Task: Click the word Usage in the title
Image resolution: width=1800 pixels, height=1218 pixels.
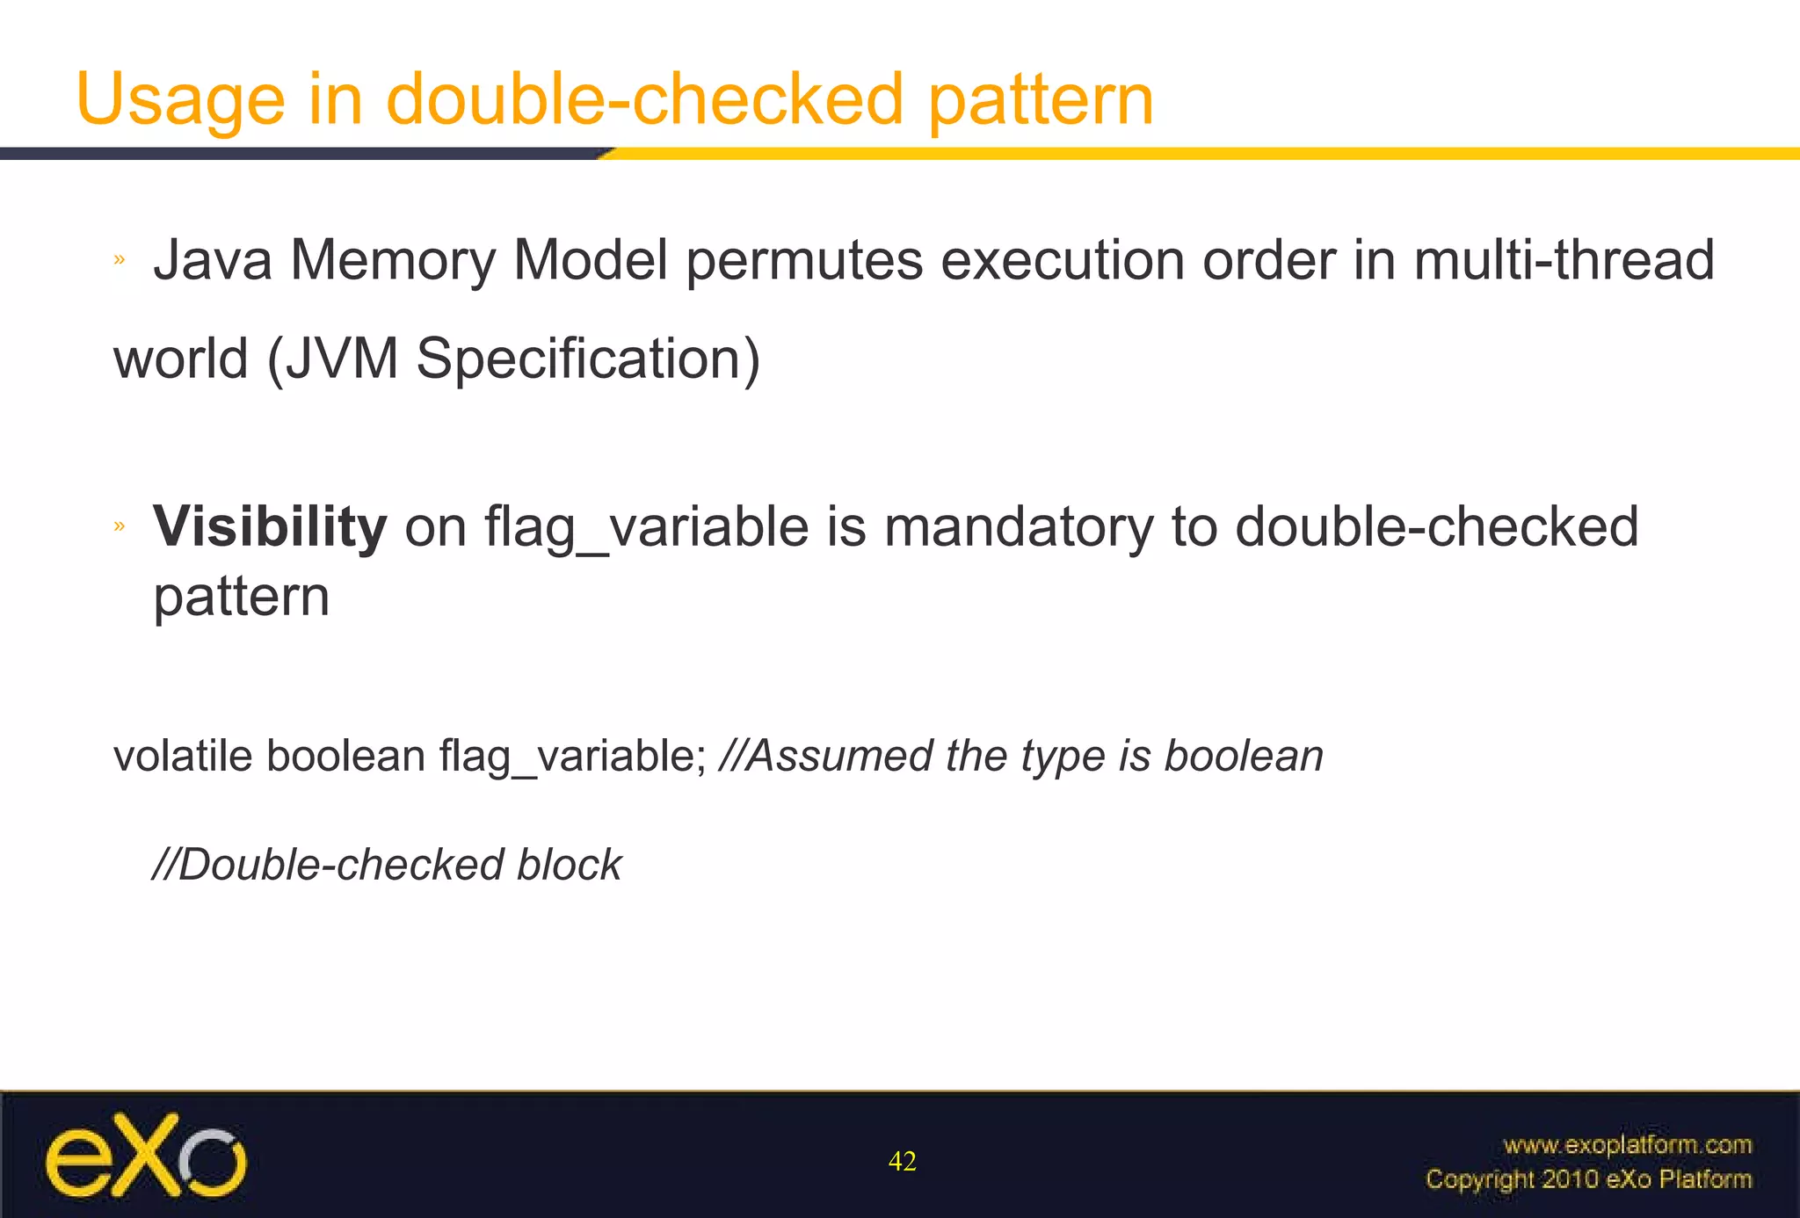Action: click(x=180, y=99)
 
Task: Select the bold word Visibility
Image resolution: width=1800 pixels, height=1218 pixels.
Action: click(x=270, y=526)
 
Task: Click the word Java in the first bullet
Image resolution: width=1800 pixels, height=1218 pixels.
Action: click(x=213, y=260)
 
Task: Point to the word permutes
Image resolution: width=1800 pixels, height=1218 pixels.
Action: click(x=804, y=261)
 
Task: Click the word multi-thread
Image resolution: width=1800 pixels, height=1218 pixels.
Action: click(x=1564, y=260)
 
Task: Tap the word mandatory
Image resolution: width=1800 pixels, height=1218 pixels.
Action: click(x=1018, y=526)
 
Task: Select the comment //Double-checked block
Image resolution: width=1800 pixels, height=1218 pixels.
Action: click(x=387, y=865)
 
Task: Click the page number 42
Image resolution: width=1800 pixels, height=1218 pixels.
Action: click(x=903, y=1162)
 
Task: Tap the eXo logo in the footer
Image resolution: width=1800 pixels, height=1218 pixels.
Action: click(x=146, y=1156)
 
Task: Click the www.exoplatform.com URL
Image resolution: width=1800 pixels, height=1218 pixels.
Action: click(x=1627, y=1145)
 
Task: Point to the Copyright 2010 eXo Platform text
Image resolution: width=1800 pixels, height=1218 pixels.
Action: click(x=1588, y=1179)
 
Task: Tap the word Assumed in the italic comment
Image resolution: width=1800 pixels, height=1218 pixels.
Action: click(x=838, y=756)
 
